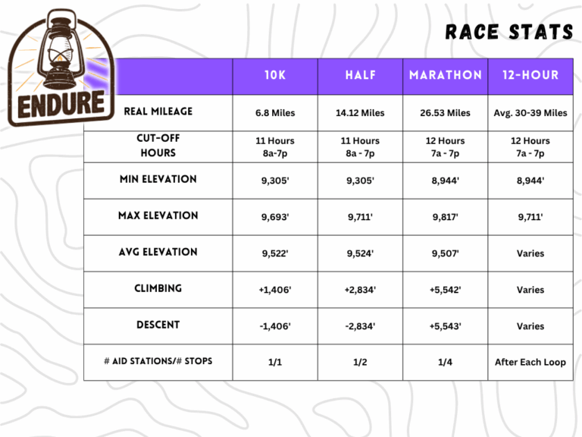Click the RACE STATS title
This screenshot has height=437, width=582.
point(509,32)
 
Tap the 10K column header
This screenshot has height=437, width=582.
point(275,75)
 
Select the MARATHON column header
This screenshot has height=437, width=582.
point(446,75)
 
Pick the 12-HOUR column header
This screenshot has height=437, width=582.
point(530,75)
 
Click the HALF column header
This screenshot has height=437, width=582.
point(361,75)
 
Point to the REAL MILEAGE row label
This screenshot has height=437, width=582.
point(158,112)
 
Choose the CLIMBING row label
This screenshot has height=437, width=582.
point(158,288)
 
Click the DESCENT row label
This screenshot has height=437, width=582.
point(158,325)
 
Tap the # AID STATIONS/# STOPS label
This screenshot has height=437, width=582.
point(158,361)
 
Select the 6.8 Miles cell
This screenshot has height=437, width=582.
point(275,113)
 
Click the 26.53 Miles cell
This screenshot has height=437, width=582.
point(446,113)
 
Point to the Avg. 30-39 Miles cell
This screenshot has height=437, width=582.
point(530,113)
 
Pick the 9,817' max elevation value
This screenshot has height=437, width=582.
point(446,217)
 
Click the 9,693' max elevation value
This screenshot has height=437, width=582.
point(275,217)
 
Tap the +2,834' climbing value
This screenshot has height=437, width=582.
point(360,290)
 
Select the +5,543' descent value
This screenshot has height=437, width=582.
point(446,326)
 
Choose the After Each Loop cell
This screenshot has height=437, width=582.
point(530,363)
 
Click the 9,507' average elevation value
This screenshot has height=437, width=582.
point(446,253)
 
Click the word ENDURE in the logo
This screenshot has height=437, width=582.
point(61,104)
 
